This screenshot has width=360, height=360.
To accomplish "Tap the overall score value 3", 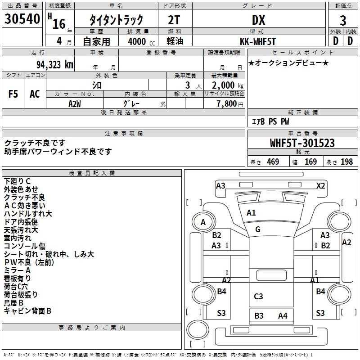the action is [x=343, y=21].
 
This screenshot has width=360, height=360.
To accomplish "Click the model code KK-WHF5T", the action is [x=258, y=41].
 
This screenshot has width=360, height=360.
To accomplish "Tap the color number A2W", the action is [x=75, y=103].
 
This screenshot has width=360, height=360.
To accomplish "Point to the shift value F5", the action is [x=13, y=94].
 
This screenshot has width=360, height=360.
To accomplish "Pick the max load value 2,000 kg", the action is [x=225, y=85].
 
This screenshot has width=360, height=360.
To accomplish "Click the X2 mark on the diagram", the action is [x=320, y=185].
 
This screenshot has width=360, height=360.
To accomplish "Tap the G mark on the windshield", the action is [x=257, y=229].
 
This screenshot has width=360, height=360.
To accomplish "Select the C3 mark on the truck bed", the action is [x=258, y=296].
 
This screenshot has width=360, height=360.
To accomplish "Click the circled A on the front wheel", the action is [x=203, y=222].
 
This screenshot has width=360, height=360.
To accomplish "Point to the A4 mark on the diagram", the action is [x=283, y=315].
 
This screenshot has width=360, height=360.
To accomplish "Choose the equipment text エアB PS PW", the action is [x=270, y=122].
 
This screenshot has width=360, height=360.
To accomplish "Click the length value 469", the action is [x=272, y=162].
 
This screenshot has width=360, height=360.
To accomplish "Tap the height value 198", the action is [x=346, y=162].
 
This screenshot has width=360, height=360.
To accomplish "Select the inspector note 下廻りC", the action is [x=17, y=181].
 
